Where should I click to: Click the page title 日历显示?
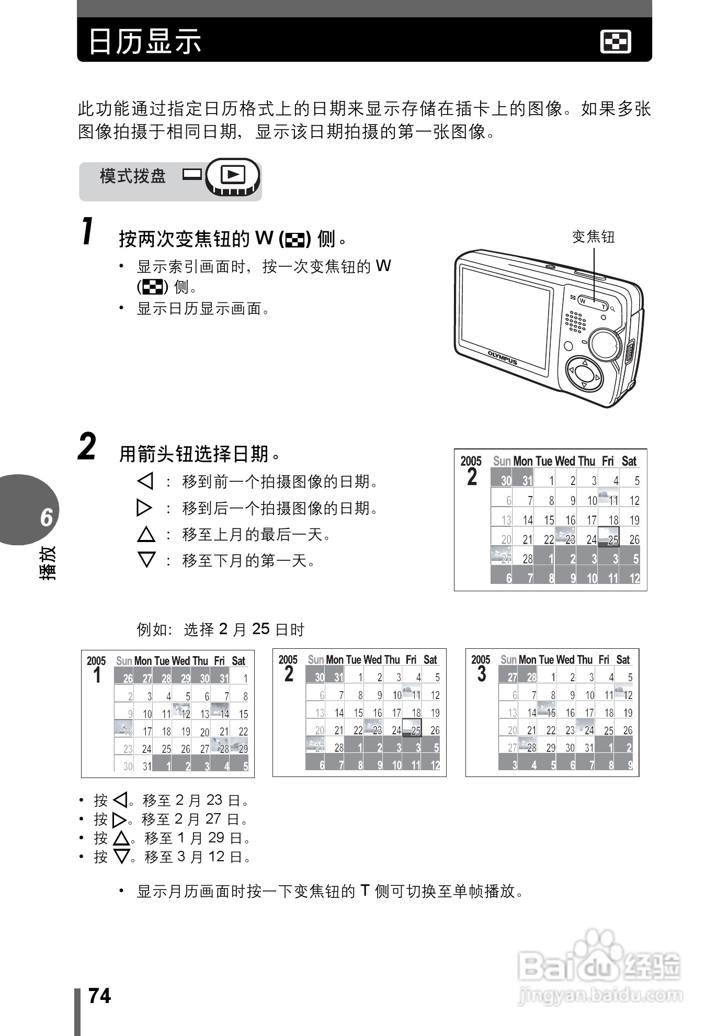pyautogui.click(x=145, y=41)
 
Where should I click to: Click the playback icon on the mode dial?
pyautogui.click(x=233, y=174)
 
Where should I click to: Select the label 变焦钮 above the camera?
pyautogui.click(x=593, y=237)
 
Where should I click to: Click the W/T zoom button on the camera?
pyautogui.click(x=593, y=302)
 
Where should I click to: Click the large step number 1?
pyautogui.click(x=89, y=232)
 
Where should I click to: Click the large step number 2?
pyautogui.click(x=87, y=447)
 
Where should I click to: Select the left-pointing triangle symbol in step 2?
pyautogui.click(x=145, y=481)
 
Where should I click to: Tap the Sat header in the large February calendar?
pyautogui.click(x=629, y=461)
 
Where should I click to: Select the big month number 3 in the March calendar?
pyautogui.click(x=481, y=674)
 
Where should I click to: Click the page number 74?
pyautogui.click(x=100, y=996)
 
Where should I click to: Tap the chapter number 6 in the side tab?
pyautogui.click(x=46, y=517)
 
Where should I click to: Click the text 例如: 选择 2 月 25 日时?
pyautogui.click(x=220, y=629)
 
